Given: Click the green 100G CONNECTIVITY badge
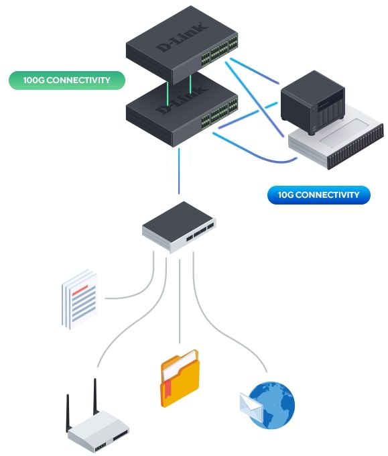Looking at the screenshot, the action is (67, 80).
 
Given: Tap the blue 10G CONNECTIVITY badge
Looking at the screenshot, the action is (319, 195).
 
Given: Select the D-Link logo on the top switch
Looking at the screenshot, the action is (182, 37).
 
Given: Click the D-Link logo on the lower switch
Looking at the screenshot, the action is (182, 99).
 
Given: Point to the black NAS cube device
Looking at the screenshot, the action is (313, 102).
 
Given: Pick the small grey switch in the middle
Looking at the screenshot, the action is (179, 227).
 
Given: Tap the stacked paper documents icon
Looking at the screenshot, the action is (80, 300).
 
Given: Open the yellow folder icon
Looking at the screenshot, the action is (180, 378).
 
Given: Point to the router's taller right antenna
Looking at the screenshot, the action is (94, 397).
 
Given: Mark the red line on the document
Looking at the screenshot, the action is (80, 290).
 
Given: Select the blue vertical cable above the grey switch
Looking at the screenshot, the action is (179, 171).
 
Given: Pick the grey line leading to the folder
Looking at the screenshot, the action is (180, 301).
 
